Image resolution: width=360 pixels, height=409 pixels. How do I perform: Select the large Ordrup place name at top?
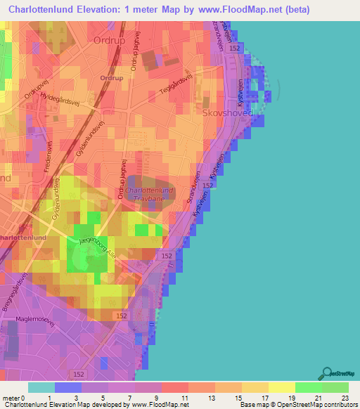pyautogui.click(x=112, y=40)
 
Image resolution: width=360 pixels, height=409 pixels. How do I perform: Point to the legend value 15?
pyautogui.click(x=242, y=398)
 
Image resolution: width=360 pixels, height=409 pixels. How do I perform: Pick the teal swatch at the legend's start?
pyautogui.click(x=41, y=387)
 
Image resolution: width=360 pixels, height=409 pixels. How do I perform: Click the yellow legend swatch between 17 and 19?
pyautogui.click(x=281, y=387)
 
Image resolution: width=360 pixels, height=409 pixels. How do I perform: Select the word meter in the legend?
pyautogui.click(x=13, y=398)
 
